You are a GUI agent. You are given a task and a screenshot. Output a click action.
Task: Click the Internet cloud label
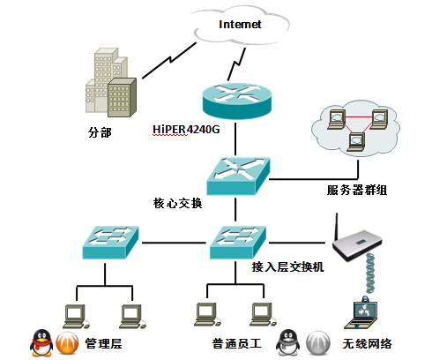240,25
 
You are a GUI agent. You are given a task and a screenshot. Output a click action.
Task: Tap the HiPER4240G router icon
237,101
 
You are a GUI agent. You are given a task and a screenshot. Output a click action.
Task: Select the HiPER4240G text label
186,129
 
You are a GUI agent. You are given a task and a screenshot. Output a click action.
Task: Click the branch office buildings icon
111,83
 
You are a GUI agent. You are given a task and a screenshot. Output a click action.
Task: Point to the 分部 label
100,132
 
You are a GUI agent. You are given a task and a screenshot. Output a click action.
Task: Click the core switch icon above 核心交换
238,176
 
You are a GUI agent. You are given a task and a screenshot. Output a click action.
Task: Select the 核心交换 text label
177,203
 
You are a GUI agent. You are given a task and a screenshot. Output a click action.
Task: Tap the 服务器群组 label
357,190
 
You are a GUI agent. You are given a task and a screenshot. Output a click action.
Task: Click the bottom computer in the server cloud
356,142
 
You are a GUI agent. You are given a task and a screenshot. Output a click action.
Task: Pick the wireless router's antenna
337,227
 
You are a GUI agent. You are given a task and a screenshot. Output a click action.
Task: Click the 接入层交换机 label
287,266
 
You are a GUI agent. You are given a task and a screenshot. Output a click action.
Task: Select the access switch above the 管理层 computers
110,243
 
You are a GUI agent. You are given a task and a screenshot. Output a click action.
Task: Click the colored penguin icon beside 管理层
41,342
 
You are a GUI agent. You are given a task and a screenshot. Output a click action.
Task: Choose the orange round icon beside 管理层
67,343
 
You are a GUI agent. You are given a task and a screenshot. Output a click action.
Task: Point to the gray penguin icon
288,342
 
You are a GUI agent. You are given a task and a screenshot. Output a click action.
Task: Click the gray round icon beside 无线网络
317,343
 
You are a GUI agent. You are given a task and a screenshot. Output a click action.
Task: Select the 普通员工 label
237,343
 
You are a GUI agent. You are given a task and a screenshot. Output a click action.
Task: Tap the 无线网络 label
367,343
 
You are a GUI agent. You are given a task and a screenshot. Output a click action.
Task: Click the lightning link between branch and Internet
169,61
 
